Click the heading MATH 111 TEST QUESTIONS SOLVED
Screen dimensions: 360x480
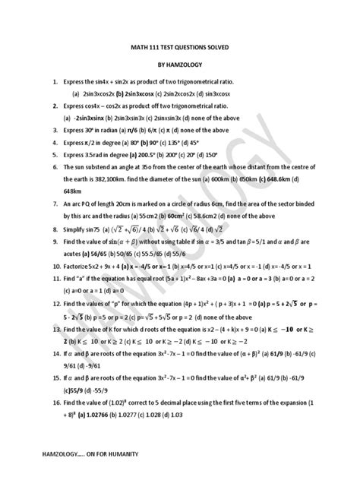[181, 48]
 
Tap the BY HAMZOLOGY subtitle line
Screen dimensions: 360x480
[181, 66]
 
